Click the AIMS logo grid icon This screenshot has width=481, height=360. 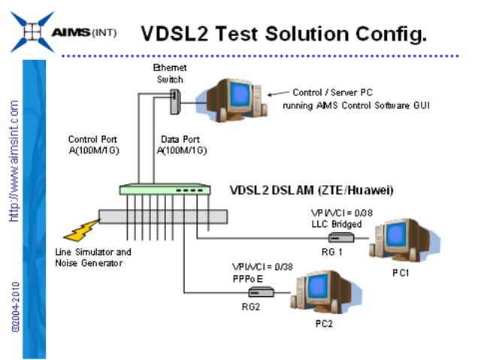(29, 32)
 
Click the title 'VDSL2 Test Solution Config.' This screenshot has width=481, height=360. (284, 32)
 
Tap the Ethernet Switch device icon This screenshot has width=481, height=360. (176, 99)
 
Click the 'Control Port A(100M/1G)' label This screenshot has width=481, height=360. (92, 144)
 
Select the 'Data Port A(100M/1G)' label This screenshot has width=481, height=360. (183, 144)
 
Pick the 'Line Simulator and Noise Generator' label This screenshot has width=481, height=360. (92, 257)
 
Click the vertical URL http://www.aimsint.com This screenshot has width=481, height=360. (14, 161)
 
